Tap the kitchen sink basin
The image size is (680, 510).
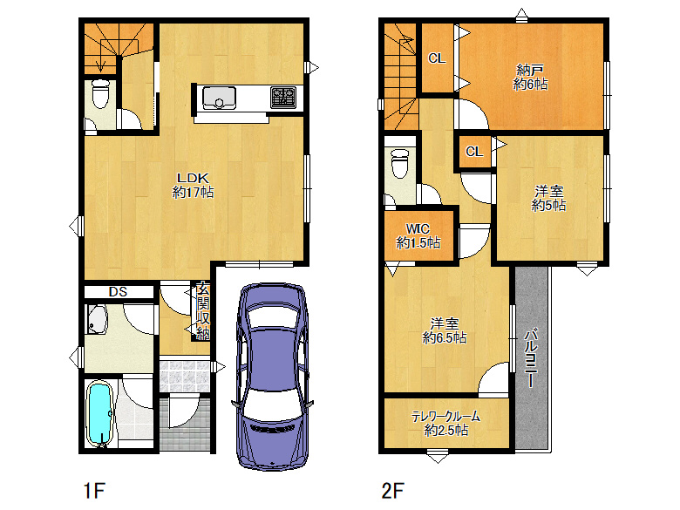220,98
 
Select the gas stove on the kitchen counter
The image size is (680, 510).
283,98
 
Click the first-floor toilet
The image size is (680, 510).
100,93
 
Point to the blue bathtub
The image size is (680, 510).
99,413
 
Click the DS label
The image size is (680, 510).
118,292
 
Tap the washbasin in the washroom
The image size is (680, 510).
97,319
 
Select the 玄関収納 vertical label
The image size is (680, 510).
203,310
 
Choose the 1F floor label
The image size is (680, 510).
93,491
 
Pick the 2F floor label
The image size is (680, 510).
393,491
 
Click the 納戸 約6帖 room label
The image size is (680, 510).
530,78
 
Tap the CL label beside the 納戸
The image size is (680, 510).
437,58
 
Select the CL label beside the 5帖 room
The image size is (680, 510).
474,152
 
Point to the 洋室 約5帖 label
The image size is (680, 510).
548,198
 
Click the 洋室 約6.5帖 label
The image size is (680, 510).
445,330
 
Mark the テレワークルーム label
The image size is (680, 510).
445,417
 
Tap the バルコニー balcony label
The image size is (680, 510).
531,358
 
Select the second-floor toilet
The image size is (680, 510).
399,164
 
